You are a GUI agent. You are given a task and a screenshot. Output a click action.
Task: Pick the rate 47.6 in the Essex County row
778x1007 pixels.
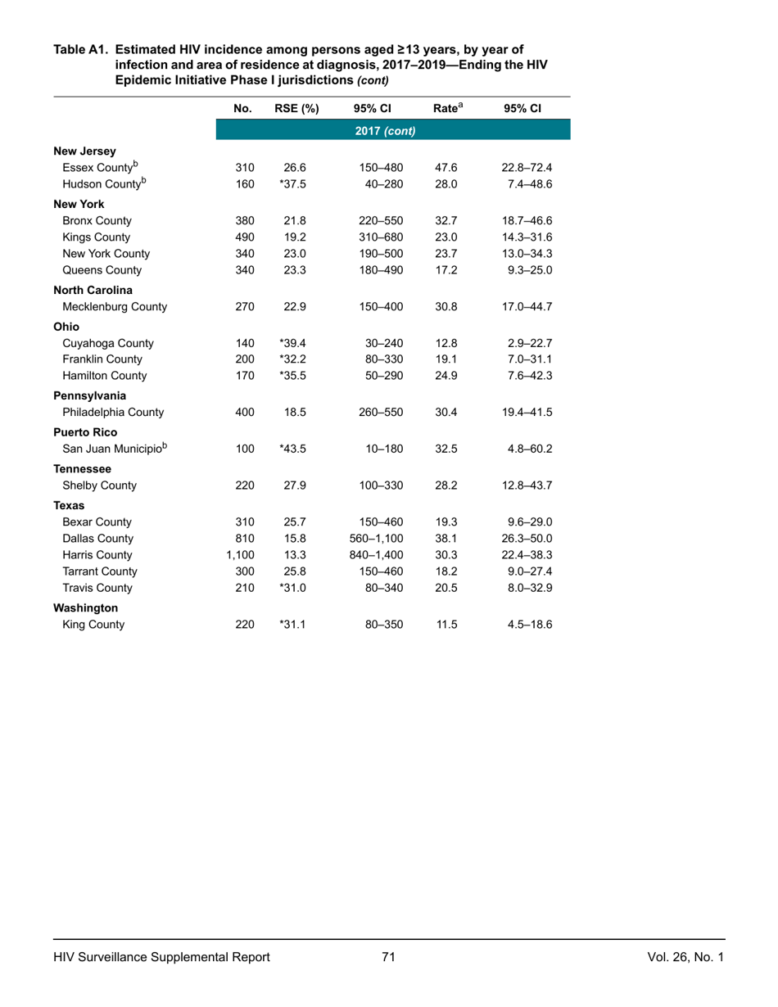click(447, 169)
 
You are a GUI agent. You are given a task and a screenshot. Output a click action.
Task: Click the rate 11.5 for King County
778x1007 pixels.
click(447, 625)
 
